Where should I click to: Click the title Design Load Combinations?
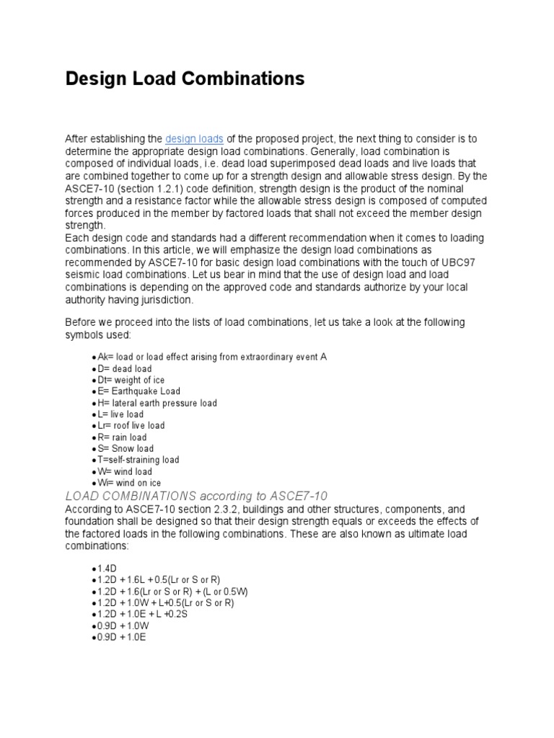pyautogui.click(x=185, y=79)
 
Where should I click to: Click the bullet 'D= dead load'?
pyautogui.click(x=124, y=369)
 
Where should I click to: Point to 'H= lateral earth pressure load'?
pyautogui.click(x=157, y=403)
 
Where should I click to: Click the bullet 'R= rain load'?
pyautogui.click(x=122, y=437)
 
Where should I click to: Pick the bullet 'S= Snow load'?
pyautogui.click(x=124, y=448)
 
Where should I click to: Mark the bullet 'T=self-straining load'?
pyautogui.click(x=138, y=460)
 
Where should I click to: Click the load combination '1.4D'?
pyautogui.click(x=106, y=569)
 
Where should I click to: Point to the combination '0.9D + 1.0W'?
pyautogui.click(x=121, y=626)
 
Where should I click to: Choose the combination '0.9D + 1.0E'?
pyautogui.click(x=120, y=637)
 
